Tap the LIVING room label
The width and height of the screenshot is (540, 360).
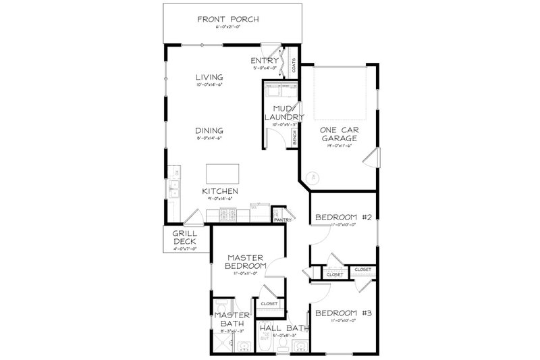(210, 77)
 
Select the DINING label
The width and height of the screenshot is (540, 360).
(210, 131)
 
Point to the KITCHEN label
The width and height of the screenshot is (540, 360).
(221, 192)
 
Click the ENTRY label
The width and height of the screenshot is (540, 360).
(264, 60)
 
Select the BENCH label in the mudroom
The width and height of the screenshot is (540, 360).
(295, 138)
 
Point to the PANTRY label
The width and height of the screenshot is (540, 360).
(281, 219)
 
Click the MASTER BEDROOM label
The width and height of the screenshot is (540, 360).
(244, 262)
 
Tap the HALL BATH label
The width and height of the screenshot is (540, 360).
(284, 329)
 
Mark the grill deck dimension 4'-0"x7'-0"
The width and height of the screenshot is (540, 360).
(184, 249)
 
